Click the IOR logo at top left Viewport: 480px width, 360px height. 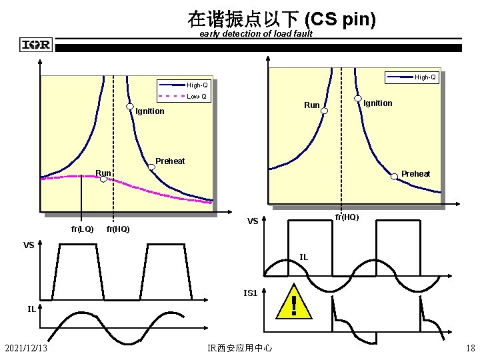[36, 45]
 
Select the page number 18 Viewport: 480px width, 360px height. [470, 347]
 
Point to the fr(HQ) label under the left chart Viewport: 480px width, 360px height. [117, 229]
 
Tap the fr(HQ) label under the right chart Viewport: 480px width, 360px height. [347, 217]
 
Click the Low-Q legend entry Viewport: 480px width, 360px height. [197, 97]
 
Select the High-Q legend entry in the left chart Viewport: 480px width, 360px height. [197, 85]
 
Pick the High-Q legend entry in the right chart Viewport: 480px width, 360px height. [425, 77]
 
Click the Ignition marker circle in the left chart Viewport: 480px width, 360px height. [130, 107]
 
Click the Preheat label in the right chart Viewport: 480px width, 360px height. [415, 173]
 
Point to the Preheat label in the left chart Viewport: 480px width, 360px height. [170, 161]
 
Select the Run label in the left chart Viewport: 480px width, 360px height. [103, 173]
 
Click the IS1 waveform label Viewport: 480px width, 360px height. [251, 292]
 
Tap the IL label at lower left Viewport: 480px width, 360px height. [31, 309]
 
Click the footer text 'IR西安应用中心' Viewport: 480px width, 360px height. [240, 347]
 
